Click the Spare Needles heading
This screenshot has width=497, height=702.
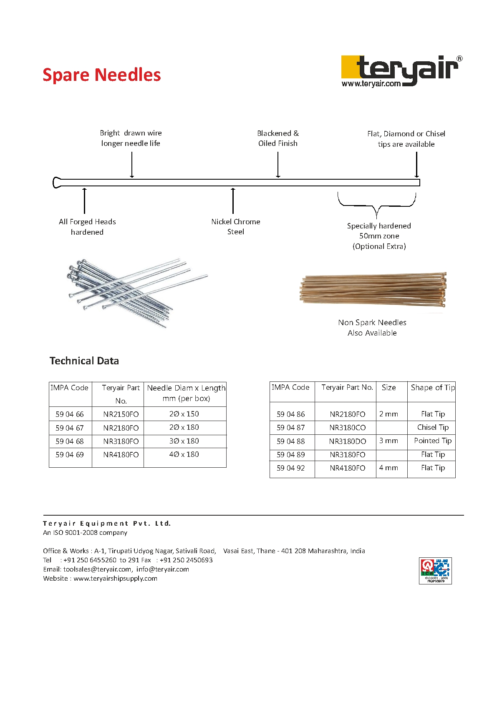click(x=101, y=75)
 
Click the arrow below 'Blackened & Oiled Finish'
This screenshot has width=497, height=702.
click(x=278, y=165)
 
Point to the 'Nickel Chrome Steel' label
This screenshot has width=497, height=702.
click(x=235, y=227)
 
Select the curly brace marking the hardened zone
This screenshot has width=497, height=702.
click(x=376, y=204)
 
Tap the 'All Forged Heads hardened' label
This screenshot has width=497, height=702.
click(x=87, y=227)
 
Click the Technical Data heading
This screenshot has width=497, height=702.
click(x=84, y=361)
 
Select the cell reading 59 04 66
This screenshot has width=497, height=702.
click(x=70, y=414)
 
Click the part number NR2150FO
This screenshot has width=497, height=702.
click(x=121, y=414)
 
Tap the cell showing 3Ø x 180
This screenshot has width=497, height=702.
click(x=184, y=441)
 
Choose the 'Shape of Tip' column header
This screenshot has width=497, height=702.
click(x=432, y=388)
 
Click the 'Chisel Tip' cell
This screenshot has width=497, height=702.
click(x=433, y=427)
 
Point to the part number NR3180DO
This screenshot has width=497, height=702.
click(x=347, y=441)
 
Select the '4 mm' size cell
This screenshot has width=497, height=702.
click(x=389, y=468)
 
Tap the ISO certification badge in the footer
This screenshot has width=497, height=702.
click(x=435, y=571)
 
